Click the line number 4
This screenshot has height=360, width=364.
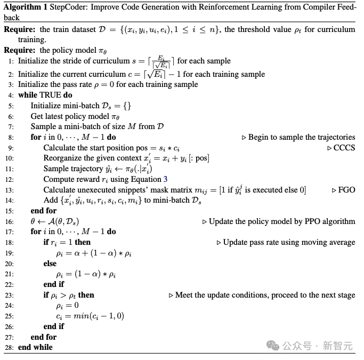click(11, 95)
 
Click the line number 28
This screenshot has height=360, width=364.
click(10, 347)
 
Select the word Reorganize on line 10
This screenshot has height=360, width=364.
click(63, 158)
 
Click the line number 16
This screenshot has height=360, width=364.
click(10, 221)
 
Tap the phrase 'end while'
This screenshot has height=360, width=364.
click(35, 347)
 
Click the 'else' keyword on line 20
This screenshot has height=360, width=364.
click(50, 263)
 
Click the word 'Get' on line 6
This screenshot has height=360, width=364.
click(37, 116)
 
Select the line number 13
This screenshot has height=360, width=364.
click(10, 189)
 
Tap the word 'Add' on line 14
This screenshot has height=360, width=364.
click(51, 200)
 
